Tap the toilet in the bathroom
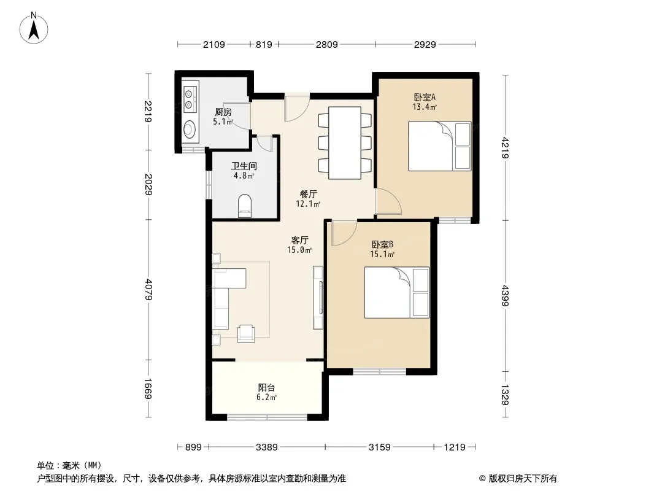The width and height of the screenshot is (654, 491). click(x=245, y=206)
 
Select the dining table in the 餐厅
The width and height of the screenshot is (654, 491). click(x=345, y=142)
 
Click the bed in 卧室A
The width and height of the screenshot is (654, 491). click(x=439, y=146)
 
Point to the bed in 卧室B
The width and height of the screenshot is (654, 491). click(x=396, y=292)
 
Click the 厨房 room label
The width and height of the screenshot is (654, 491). click(x=223, y=112)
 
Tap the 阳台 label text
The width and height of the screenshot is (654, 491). click(x=266, y=387)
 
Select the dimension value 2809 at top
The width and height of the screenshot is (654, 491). click(x=326, y=44)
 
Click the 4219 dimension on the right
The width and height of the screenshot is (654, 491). click(x=505, y=148)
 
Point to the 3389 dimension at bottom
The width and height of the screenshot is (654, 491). click(x=266, y=447)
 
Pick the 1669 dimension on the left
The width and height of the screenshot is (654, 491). click(x=148, y=389)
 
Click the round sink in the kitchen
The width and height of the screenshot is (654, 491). click(x=190, y=129)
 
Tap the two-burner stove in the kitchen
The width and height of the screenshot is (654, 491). click(x=190, y=99)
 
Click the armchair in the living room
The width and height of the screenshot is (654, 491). click(x=246, y=334)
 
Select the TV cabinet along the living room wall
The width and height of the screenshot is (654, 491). click(x=318, y=298)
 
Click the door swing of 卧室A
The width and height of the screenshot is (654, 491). click(x=388, y=201)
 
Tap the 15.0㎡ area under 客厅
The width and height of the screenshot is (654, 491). click(x=299, y=250)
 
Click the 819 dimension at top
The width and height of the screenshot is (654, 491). click(x=264, y=44)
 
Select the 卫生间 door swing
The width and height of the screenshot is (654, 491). click(x=264, y=143)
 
